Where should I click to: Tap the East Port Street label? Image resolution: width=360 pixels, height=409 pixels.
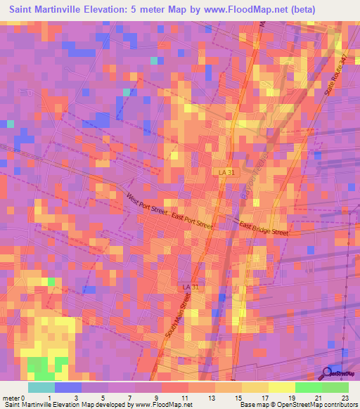click(x=191, y=221)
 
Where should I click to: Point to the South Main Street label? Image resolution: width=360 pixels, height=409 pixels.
click(x=179, y=313)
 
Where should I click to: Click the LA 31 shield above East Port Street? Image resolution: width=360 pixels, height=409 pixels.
click(x=223, y=172)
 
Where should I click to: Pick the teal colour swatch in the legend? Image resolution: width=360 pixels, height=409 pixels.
click(x=41, y=387)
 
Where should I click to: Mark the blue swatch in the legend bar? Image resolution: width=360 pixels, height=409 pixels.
click(x=68, y=387)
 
